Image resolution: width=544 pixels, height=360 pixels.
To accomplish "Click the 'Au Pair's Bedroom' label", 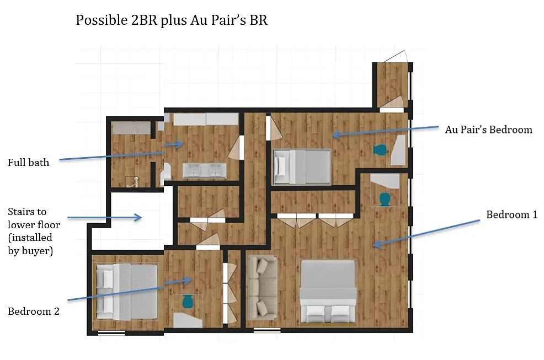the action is [488, 130].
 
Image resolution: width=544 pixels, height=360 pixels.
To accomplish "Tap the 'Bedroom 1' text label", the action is [512, 214].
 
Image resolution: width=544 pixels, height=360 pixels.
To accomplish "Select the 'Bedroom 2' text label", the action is [34, 311].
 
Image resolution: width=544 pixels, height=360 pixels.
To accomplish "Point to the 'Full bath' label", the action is [29, 162].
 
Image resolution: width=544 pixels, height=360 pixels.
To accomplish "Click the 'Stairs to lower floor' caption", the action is [34, 218].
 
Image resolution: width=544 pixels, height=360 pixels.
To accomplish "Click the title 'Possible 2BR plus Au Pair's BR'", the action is [172, 20].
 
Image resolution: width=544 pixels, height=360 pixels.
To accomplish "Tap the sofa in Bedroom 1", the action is [263, 288].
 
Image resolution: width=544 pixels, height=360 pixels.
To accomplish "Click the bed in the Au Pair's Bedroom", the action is [301, 166].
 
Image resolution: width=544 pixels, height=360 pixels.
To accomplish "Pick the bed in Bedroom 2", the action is [126, 291].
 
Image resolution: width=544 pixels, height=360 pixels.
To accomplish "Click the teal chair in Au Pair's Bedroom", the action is [380, 150].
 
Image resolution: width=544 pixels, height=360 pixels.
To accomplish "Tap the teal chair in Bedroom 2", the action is [188, 302].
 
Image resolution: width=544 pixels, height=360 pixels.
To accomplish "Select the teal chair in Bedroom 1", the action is [385, 200].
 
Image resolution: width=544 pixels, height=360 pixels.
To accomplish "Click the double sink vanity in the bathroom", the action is [205, 171].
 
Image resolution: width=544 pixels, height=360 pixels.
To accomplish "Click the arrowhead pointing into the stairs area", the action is [138, 217].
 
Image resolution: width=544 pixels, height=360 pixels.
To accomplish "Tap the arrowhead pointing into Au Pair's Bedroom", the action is [336, 134].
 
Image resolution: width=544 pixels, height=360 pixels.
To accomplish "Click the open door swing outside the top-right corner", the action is [395, 56].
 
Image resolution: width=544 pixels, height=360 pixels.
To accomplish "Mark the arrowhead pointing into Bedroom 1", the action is [377, 244].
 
